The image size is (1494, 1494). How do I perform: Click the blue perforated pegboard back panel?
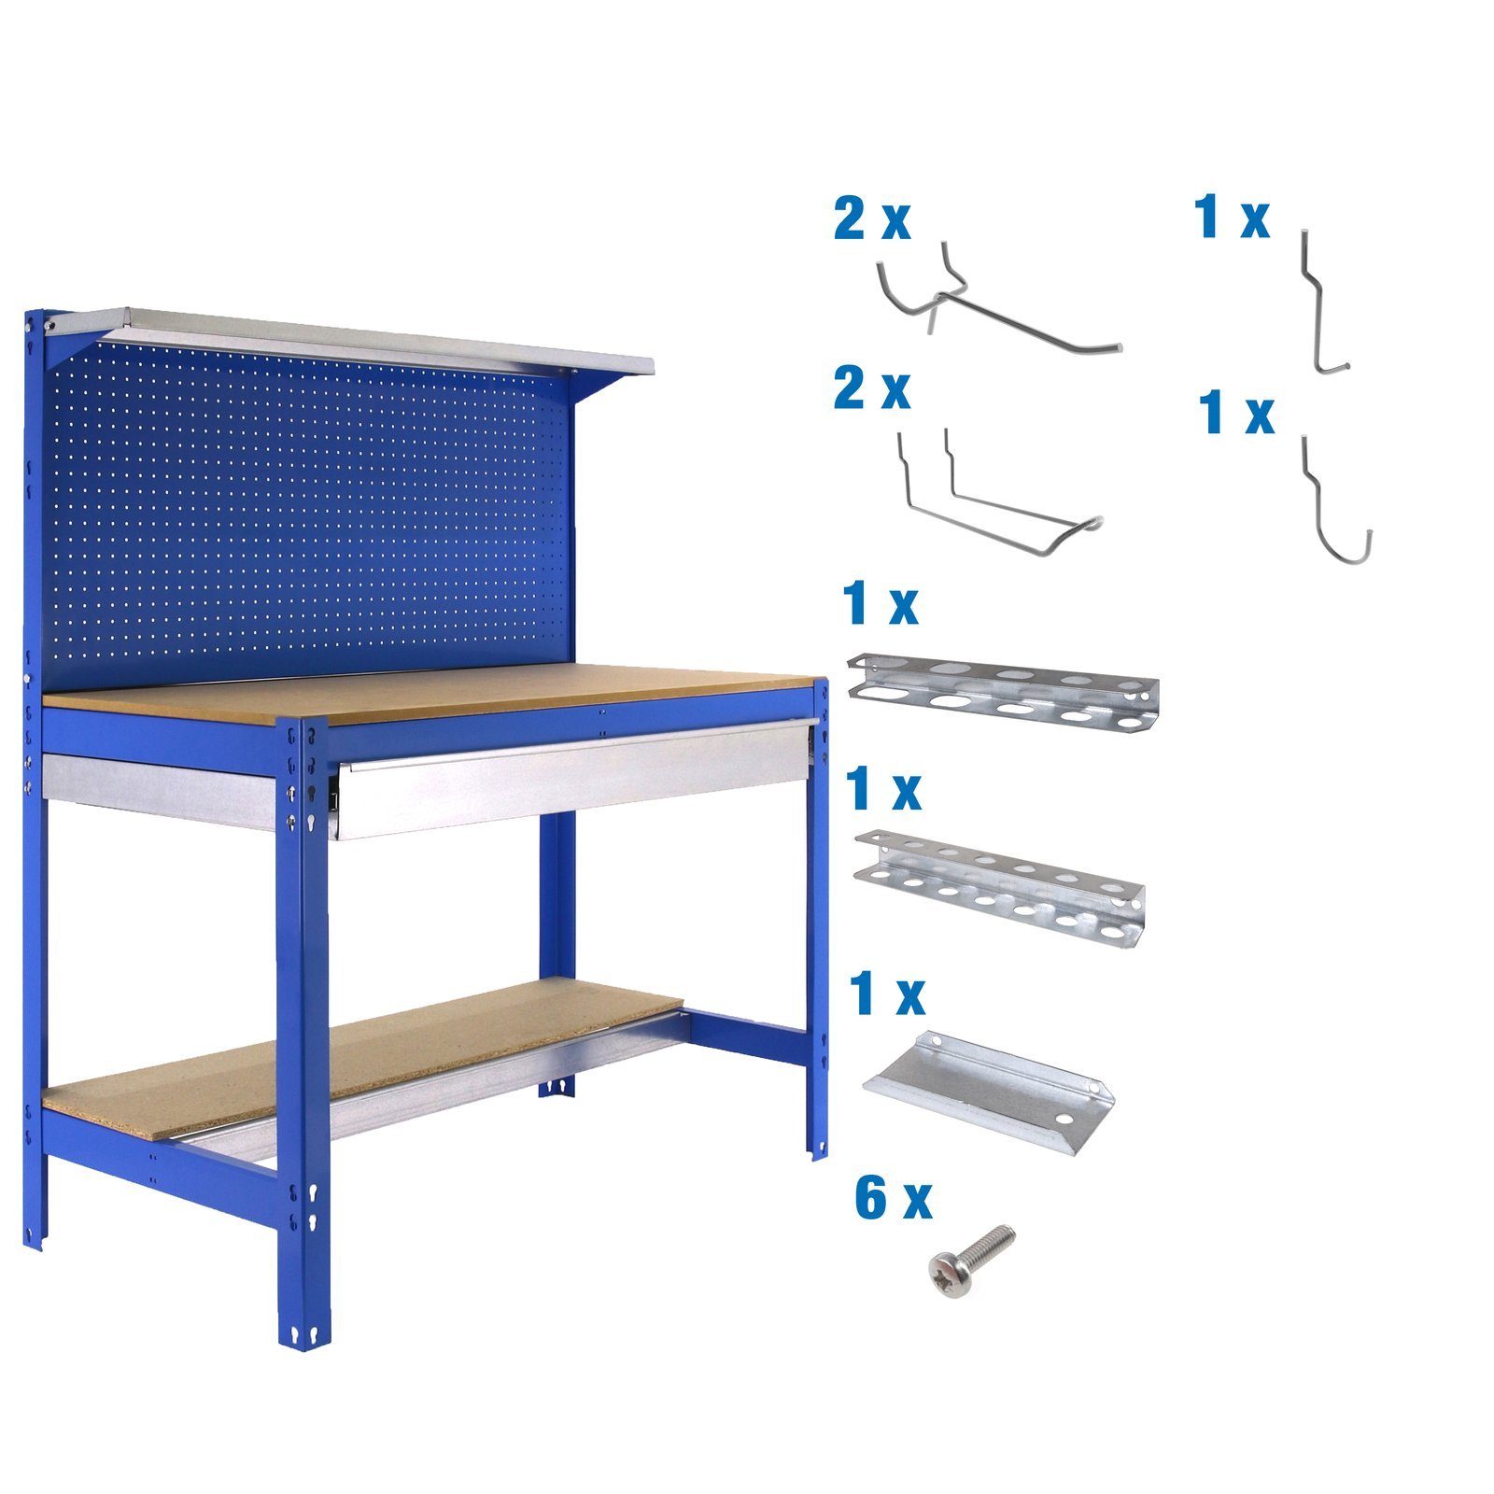[x=308, y=514]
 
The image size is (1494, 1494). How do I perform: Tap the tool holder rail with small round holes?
[x=999, y=887]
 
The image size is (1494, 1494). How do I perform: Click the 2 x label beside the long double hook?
[x=871, y=219]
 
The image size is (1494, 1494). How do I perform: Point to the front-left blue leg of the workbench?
[x=303, y=1027]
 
